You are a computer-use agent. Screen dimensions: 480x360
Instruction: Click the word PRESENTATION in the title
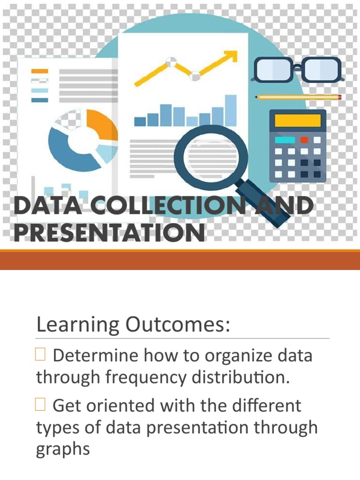tap(109, 233)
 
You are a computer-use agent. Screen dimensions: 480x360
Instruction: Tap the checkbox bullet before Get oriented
tap(40, 405)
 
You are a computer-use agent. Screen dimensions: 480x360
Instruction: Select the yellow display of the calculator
tap(298, 120)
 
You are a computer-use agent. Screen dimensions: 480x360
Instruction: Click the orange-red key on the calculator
tap(304, 140)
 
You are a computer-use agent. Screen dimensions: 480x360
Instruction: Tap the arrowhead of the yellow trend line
tap(230, 57)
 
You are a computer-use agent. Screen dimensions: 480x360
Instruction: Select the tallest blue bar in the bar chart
tap(231, 111)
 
